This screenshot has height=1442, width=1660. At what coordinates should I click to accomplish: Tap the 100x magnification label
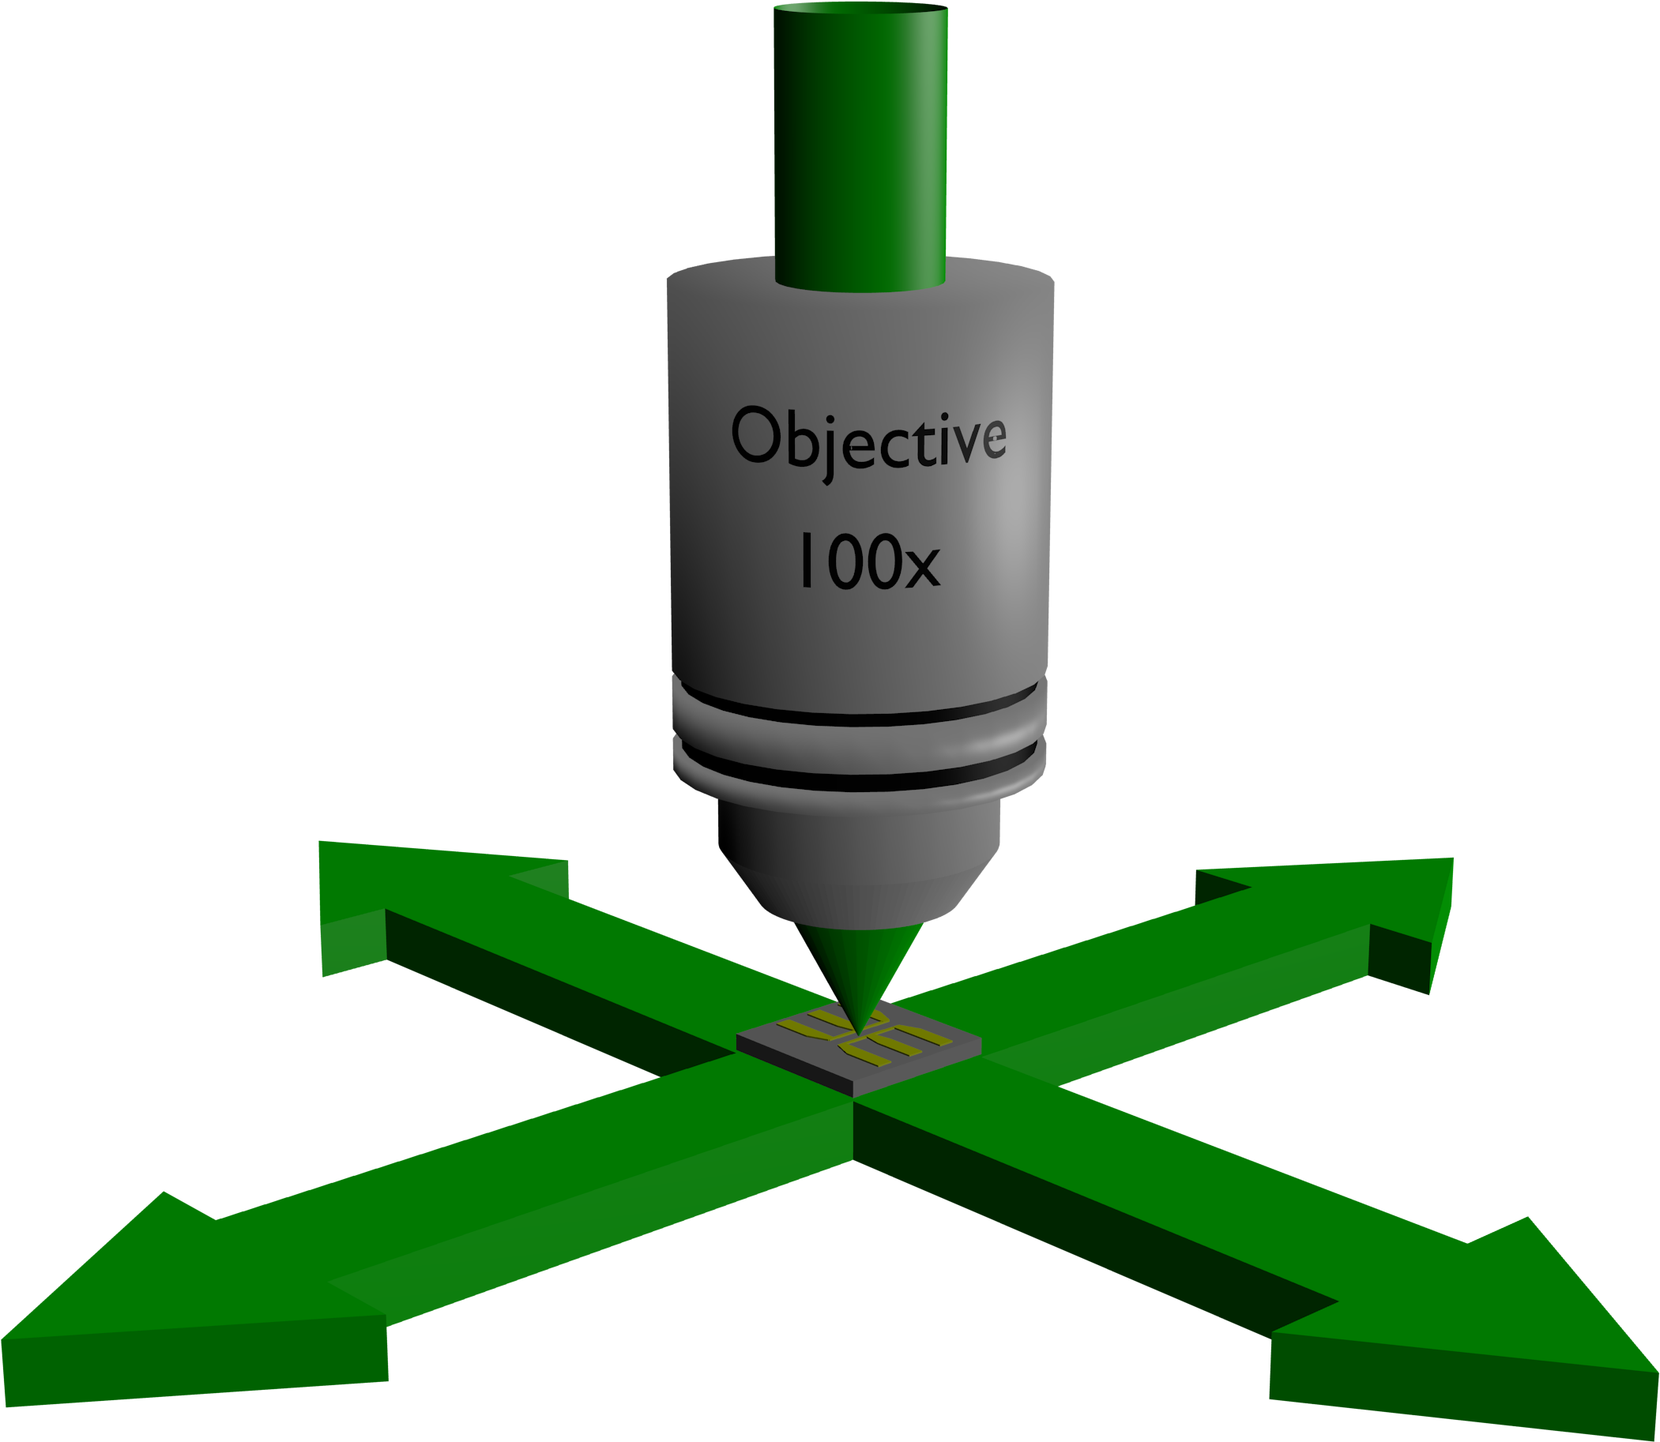[x=869, y=561]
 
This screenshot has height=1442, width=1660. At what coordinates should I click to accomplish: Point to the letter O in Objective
[x=756, y=434]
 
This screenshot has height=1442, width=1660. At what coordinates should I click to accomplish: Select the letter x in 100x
[x=923, y=567]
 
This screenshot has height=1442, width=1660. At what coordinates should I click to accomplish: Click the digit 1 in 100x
[x=807, y=560]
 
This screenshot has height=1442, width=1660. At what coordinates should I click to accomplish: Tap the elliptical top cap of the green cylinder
[x=860, y=8]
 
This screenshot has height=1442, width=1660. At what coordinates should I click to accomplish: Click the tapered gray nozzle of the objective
[x=859, y=865]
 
